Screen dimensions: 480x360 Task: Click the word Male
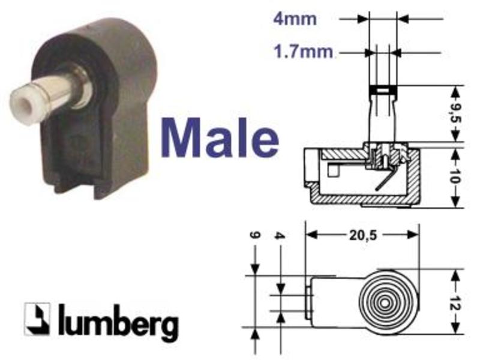pyautogui.click(x=220, y=139)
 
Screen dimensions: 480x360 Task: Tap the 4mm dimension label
pyautogui.click(x=295, y=19)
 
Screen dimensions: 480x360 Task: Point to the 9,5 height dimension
pyautogui.click(x=455, y=113)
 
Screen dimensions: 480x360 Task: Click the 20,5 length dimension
pyautogui.click(x=363, y=235)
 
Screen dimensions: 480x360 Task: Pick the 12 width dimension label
pyautogui.click(x=455, y=302)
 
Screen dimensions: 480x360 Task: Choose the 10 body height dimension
pyautogui.click(x=455, y=175)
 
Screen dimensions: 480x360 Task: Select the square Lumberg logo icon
pyautogui.click(x=37, y=319)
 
